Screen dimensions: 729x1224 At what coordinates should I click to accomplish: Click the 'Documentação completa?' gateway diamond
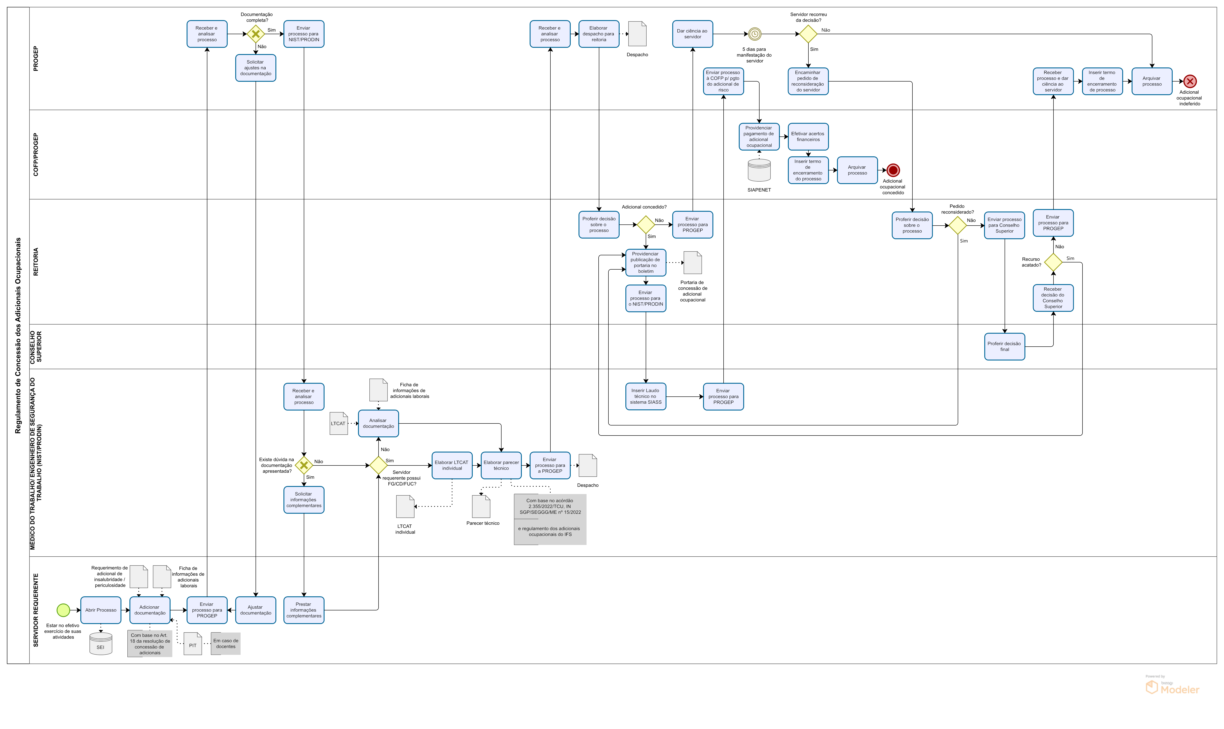click(x=256, y=34)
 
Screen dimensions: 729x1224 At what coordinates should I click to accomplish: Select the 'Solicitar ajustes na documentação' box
click(x=256, y=68)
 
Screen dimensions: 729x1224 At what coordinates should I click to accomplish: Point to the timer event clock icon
click(x=755, y=34)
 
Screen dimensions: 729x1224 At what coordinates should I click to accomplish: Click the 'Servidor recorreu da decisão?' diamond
click(x=808, y=34)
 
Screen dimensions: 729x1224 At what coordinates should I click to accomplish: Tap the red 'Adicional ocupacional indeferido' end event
click(x=1190, y=82)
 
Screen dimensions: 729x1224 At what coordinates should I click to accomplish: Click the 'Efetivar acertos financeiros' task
click(x=808, y=136)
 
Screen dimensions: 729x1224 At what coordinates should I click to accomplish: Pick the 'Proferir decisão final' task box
click(x=1005, y=347)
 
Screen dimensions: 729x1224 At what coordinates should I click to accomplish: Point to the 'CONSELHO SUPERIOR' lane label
click(x=36, y=347)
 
